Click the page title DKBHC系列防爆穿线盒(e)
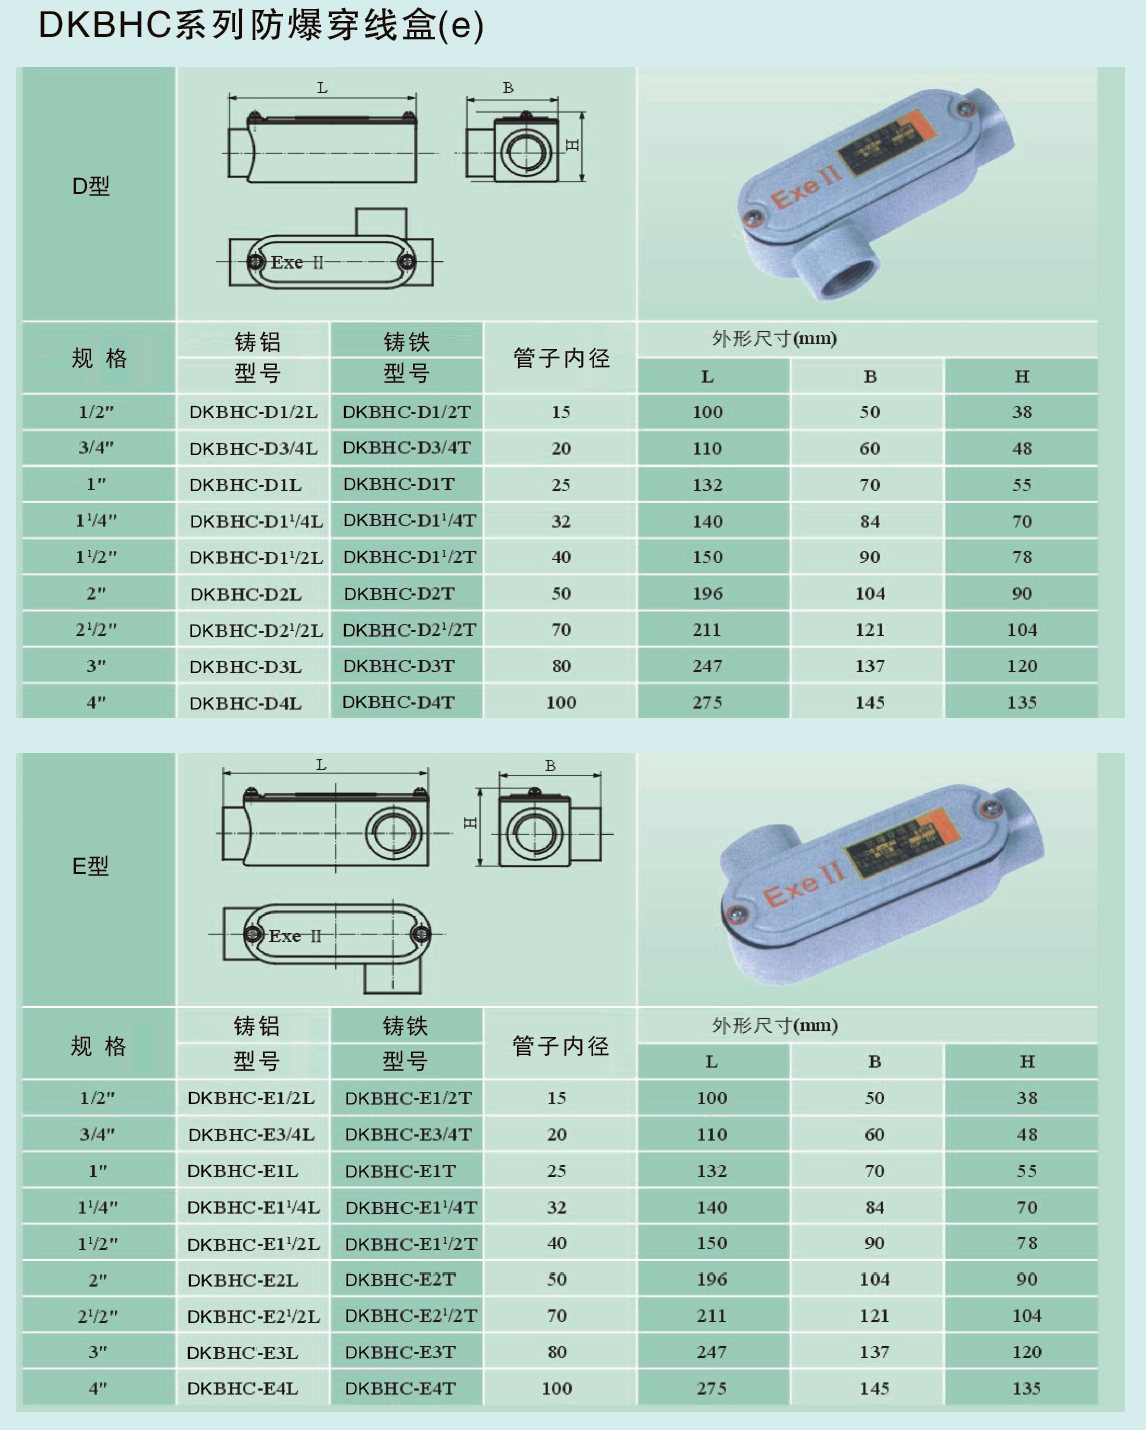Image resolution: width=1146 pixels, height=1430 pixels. click(261, 25)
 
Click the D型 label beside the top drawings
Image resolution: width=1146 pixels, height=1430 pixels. click(91, 186)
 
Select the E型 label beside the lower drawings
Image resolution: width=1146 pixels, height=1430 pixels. click(90, 866)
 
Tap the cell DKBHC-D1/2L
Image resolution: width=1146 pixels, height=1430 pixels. click(253, 412)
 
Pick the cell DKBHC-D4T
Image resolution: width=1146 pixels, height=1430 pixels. click(398, 702)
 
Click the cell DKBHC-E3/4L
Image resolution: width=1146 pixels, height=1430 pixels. click(251, 1134)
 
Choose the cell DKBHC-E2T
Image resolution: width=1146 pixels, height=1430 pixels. click(400, 1279)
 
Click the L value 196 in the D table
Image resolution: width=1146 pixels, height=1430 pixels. click(707, 593)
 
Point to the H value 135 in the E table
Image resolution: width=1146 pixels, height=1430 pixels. click(1026, 1388)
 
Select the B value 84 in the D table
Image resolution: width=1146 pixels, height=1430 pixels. click(870, 521)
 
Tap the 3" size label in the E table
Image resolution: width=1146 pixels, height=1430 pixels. click(98, 1352)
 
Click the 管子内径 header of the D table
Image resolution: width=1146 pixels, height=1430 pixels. click(562, 358)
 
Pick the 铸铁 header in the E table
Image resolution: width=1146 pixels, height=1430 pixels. click(405, 1026)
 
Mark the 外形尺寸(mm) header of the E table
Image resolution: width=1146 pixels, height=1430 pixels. click(774, 1025)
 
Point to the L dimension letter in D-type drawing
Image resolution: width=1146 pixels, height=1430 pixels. click(322, 88)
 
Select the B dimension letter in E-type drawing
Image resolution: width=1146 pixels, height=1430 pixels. click(550, 766)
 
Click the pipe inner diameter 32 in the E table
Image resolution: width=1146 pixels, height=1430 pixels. click(557, 1207)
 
